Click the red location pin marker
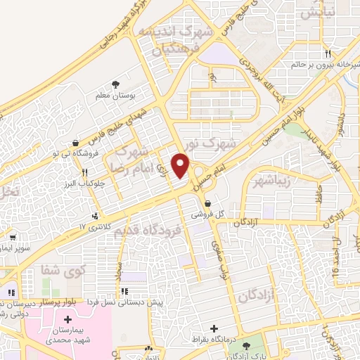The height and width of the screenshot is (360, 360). (181, 166)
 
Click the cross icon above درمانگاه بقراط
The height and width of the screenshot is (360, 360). (214, 328)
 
